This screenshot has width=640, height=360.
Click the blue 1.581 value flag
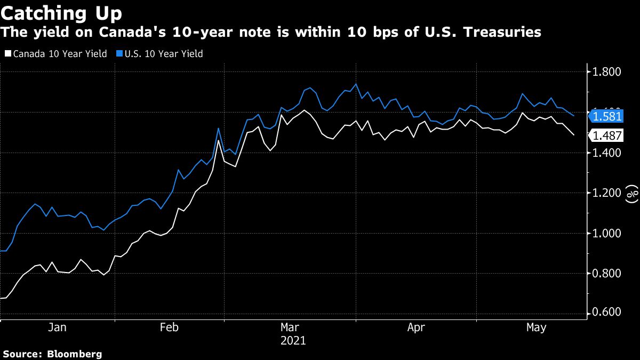606,116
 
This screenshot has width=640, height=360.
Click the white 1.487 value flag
606,135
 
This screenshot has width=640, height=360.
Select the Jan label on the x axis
58,327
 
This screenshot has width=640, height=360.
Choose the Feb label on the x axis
170,327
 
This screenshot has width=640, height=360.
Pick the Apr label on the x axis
416,327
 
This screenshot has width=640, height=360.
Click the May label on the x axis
536,327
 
